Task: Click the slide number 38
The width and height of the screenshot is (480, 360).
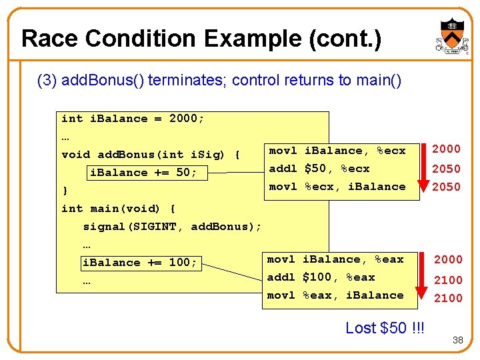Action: (457, 340)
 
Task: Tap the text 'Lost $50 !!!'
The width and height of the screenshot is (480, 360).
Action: (384, 328)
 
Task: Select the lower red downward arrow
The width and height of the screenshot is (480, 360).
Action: (421, 279)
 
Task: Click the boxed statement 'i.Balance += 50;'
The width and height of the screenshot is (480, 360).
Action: (143, 173)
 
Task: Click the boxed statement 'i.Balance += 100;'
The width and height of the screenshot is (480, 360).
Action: (139, 263)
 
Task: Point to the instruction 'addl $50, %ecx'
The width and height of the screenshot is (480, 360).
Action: (319, 169)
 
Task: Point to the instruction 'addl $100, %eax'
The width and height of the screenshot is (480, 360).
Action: (321, 277)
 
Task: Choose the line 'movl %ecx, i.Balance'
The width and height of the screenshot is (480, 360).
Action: (337, 187)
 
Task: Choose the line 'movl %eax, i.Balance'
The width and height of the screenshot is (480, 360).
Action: (335, 295)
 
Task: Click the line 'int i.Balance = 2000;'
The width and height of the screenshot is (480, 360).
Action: (133, 119)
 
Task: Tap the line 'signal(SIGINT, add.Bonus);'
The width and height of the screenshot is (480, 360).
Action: (172, 227)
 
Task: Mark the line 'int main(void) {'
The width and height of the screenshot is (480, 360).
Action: (118, 209)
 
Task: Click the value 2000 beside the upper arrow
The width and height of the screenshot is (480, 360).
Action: (447, 149)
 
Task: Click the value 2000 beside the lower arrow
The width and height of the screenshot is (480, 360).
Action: (448, 259)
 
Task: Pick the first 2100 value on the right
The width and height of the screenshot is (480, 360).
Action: (448, 281)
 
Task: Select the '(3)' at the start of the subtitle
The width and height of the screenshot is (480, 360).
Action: (47, 81)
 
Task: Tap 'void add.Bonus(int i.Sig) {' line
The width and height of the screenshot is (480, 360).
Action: (151, 155)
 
